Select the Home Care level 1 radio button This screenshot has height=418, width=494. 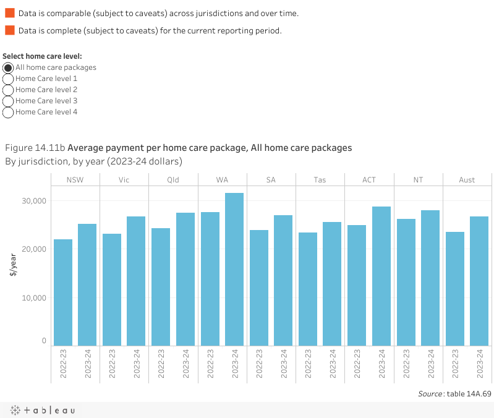tap(8, 79)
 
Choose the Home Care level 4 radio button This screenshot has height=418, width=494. tap(8, 112)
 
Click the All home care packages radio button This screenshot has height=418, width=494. tap(8, 67)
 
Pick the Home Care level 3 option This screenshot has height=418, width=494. tap(8, 101)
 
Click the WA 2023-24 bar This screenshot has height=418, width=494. tap(234, 269)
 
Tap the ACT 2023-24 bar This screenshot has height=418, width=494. tap(381, 276)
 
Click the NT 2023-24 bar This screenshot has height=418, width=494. tap(430, 278)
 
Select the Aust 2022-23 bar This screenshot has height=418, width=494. tap(455, 288)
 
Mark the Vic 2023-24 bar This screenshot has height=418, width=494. tap(136, 281)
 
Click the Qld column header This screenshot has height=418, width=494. tap(173, 180)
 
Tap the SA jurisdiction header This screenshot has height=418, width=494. tap(271, 180)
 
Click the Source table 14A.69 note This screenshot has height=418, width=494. tap(454, 393)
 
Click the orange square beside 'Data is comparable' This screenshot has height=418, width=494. tap(10, 12)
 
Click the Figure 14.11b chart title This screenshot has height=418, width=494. tap(178, 148)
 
